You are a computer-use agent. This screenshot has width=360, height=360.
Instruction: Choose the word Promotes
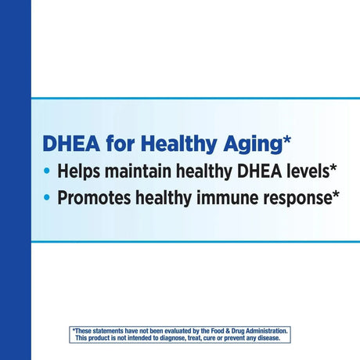coord(98,196)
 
